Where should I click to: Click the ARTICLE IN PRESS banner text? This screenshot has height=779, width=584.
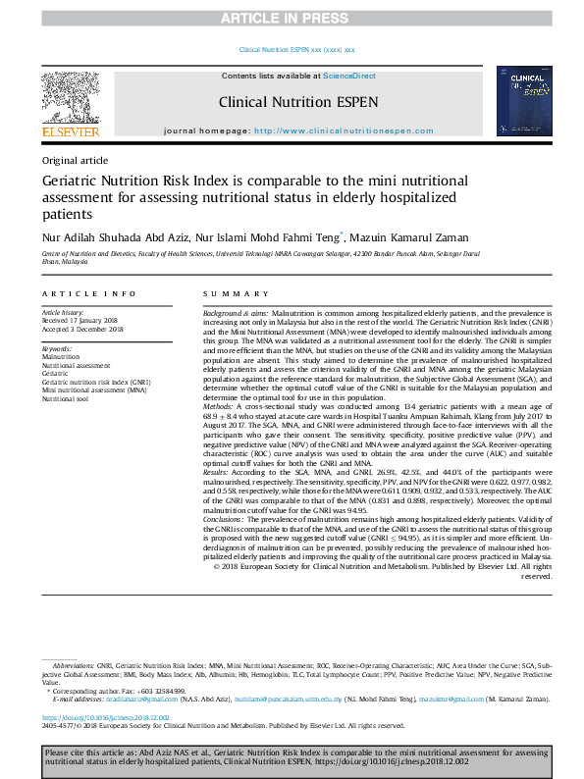292,18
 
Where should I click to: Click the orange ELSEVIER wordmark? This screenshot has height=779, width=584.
70,131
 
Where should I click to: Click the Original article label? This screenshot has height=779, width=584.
75,160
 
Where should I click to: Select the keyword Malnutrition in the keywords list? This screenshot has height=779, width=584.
62,356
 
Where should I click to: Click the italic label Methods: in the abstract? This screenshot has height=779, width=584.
220,432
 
